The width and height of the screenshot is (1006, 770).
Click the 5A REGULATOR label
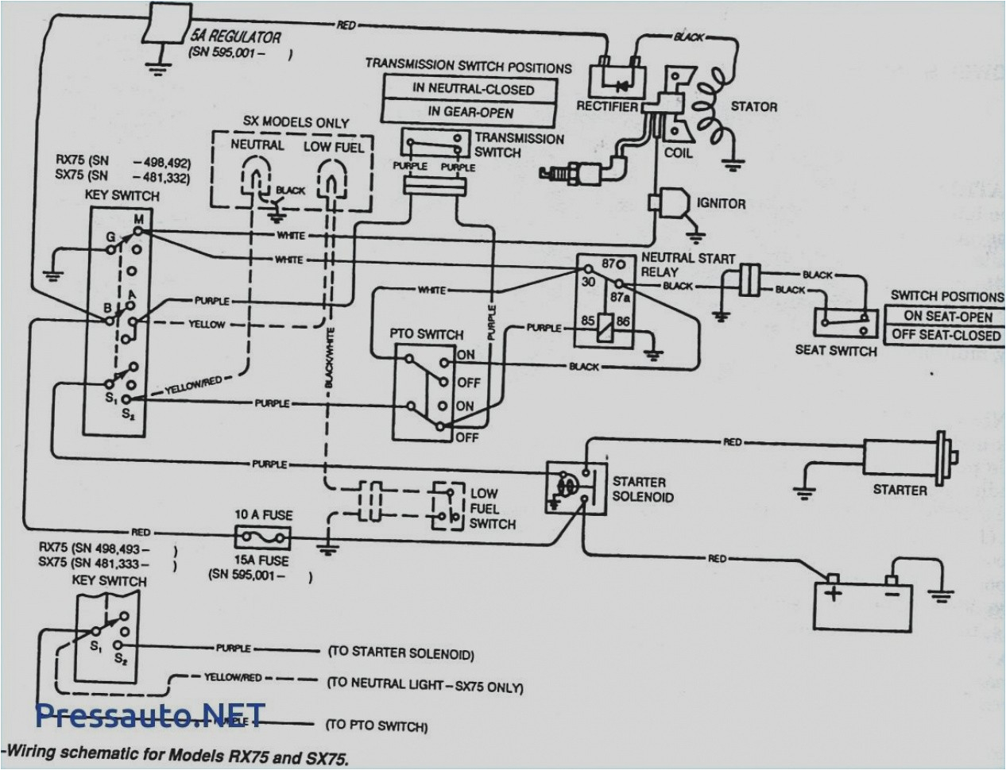(234, 37)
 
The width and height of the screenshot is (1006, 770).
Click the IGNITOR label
(721, 203)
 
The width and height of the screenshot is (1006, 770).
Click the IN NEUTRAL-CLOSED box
(472, 89)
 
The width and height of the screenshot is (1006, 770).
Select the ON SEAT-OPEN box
(947, 315)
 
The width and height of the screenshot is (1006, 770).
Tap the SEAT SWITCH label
(835, 350)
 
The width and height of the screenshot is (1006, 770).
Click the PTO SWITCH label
(425, 334)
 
